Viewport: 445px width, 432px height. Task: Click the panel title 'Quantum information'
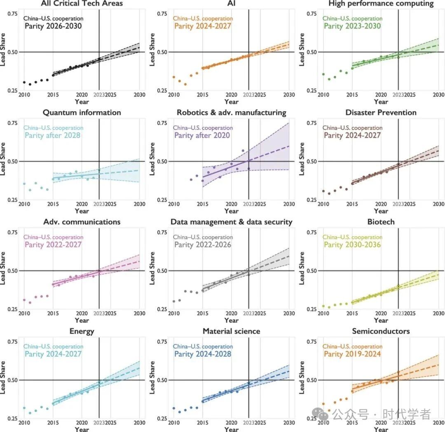[x=82, y=112]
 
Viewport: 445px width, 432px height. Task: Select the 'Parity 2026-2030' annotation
[x=53, y=26]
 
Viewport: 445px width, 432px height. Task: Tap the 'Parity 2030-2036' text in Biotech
[x=352, y=245]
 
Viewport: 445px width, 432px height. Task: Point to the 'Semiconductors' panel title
[x=381, y=331]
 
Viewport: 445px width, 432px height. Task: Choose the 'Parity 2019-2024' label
[x=352, y=354]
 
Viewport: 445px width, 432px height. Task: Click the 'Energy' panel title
[x=82, y=331]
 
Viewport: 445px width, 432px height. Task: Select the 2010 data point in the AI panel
[x=173, y=77]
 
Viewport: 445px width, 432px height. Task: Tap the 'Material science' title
[x=232, y=331]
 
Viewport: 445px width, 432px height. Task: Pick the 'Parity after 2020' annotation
[x=202, y=135]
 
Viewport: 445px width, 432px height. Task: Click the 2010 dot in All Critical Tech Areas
[x=24, y=82]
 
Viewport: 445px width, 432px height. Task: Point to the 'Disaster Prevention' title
[x=381, y=112]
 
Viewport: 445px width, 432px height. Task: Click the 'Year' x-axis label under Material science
[x=232, y=429]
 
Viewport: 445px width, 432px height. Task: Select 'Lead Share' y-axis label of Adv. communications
[x=3, y=271]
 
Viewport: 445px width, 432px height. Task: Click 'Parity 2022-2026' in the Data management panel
[x=202, y=245]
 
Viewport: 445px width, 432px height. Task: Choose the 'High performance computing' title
[x=381, y=4]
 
